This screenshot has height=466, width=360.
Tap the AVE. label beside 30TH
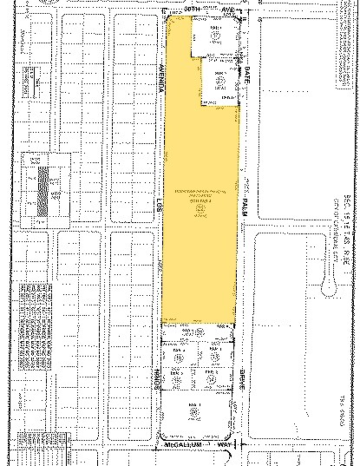pyautogui.click(x=228, y=9)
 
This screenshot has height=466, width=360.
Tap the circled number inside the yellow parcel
pyautogui.click(x=202, y=209)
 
